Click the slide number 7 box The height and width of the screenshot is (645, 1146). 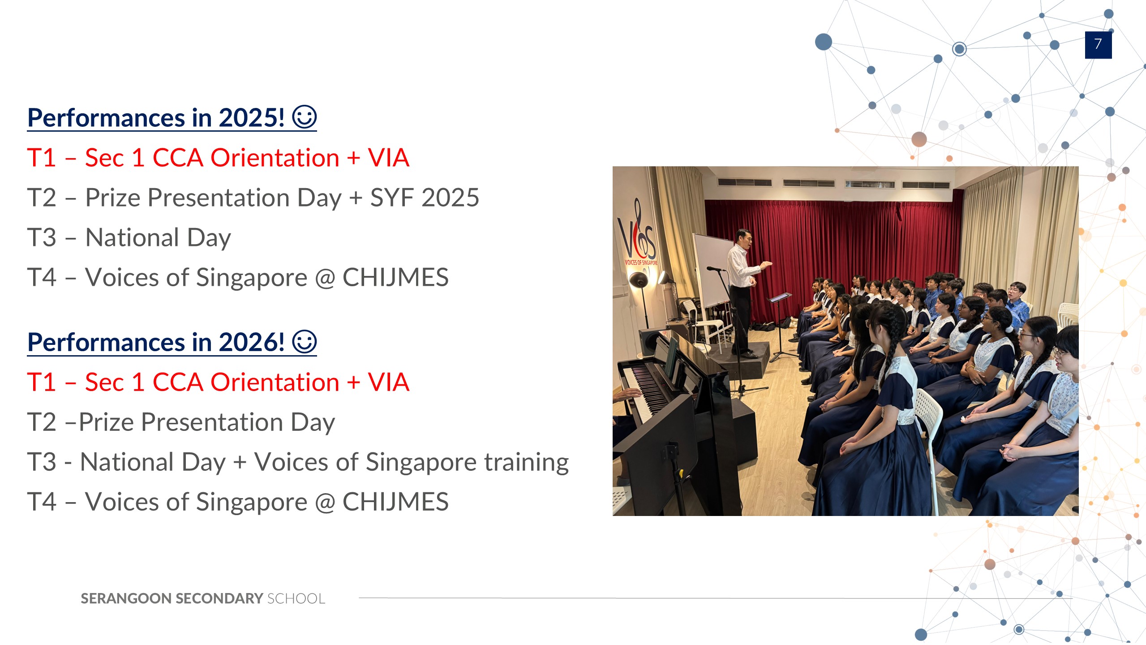pyautogui.click(x=1098, y=45)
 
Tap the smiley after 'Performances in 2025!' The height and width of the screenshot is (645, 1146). pyautogui.click(x=305, y=117)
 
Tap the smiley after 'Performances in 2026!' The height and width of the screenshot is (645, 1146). pyautogui.click(x=305, y=342)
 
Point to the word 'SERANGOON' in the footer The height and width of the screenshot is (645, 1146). pyautogui.click(x=126, y=598)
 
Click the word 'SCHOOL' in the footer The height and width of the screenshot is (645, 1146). pyautogui.click(x=296, y=598)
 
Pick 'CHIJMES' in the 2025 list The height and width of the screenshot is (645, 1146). pyautogui.click(x=395, y=277)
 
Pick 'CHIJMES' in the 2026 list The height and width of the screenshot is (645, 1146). pyautogui.click(x=395, y=502)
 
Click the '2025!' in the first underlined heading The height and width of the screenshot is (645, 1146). pyautogui.click(x=251, y=118)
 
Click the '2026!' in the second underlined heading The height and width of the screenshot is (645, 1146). pyautogui.click(x=251, y=343)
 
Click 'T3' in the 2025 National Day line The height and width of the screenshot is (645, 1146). pyautogui.click(x=42, y=237)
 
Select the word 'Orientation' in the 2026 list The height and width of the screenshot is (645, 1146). pyautogui.click(x=275, y=383)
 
